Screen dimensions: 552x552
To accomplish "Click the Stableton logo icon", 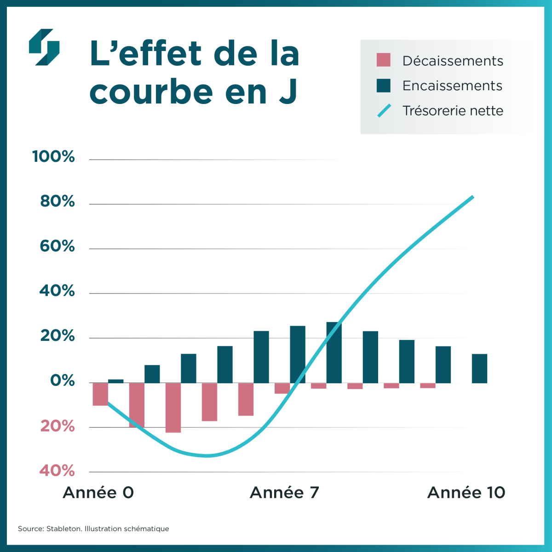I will (44, 47).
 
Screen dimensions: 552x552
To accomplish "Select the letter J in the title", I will (288, 92).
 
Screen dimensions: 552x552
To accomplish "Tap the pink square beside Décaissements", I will (383, 60).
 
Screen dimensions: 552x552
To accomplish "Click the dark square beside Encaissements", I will (383, 86).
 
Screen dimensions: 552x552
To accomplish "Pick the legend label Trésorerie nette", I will (453, 111).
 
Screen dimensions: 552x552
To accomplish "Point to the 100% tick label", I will (53, 157).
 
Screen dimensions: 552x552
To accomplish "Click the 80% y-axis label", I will (57, 201).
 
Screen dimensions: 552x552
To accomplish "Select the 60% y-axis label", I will (57, 246).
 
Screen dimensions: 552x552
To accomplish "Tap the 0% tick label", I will (63, 381).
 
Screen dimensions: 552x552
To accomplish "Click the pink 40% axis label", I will (57, 471).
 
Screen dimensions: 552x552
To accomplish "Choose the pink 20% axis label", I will (57, 426).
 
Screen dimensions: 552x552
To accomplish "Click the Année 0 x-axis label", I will (98, 493).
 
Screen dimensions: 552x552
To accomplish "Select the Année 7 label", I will (284, 493).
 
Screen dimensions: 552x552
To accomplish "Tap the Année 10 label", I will (466, 493).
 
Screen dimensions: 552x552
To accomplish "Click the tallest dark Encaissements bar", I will (334, 353).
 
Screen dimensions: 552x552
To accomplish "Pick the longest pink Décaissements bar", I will (173, 408).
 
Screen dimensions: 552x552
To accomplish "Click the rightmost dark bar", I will (479, 368).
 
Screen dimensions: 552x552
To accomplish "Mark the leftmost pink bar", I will (100, 394).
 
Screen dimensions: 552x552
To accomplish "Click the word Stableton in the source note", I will (64, 529).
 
